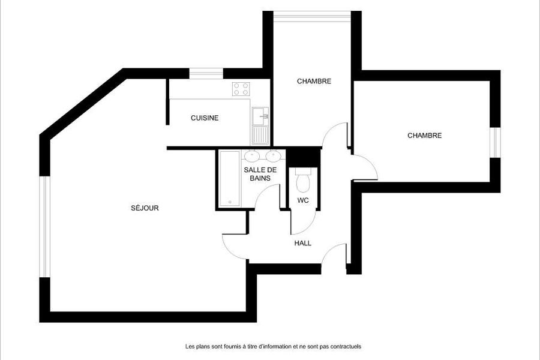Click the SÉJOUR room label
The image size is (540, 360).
pyautogui.click(x=145, y=208)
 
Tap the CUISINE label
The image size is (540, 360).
pyautogui.click(x=205, y=118)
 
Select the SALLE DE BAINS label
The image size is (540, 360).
pyautogui.click(x=260, y=174)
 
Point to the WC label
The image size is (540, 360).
pyautogui.click(x=303, y=200)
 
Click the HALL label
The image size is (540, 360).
pyautogui.click(x=303, y=243)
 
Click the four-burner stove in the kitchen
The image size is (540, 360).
pyautogui.click(x=241, y=89)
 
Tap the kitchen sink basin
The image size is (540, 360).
pyautogui.click(x=260, y=116)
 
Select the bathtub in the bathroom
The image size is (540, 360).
pyautogui.click(x=229, y=178)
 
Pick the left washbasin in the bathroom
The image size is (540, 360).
pyautogui.click(x=252, y=156)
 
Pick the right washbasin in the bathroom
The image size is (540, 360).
pyautogui.click(x=273, y=156)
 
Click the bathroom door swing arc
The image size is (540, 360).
pyautogui.click(x=263, y=191)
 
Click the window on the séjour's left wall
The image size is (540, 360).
pyautogui.click(x=45, y=227)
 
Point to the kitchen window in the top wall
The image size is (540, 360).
pyautogui.click(x=206, y=73)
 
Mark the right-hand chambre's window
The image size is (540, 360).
pyautogui.click(x=495, y=143)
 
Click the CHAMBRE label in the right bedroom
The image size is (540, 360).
pyautogui.click(x=425, y=136)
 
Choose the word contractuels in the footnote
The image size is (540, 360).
pyautogui.click(x=346, y=347)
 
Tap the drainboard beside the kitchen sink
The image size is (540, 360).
pyautogui.click(x=260, y=134)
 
